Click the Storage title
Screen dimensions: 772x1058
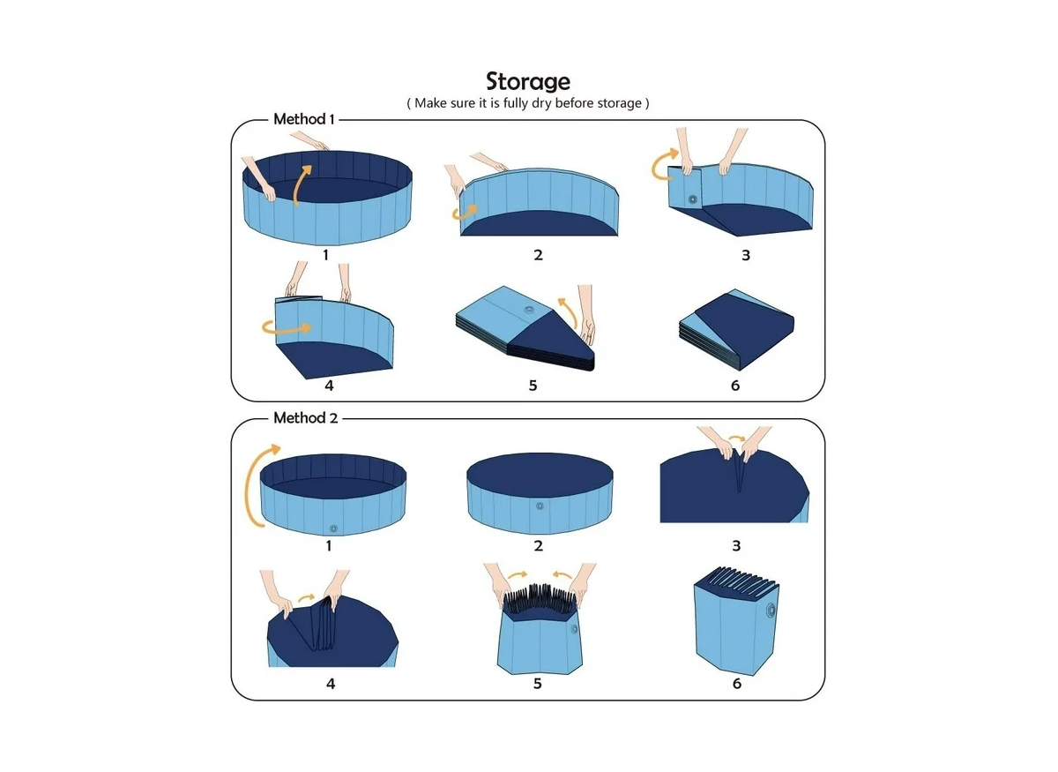click(x=528, y=81)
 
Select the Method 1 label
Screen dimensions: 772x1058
click(x=303, y=118)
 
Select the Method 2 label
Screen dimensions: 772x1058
click(x=305, y=417)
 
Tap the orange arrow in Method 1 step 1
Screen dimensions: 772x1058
click(x=302, y=184)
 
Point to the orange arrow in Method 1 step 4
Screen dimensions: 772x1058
click(x=286, y=327)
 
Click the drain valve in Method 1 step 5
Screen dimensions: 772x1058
click(x=529, y=311)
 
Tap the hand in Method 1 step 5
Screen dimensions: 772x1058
click(x=585, y=313)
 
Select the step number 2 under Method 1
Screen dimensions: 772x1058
click(x=538, y=255)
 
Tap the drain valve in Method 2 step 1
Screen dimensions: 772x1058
click(x=333, y=528)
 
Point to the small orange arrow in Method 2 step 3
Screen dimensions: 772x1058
click(x=734, y=436)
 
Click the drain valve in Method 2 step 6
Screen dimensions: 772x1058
click(x=771, y=611)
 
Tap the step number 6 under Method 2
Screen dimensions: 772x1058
click(x=736, y=684)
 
